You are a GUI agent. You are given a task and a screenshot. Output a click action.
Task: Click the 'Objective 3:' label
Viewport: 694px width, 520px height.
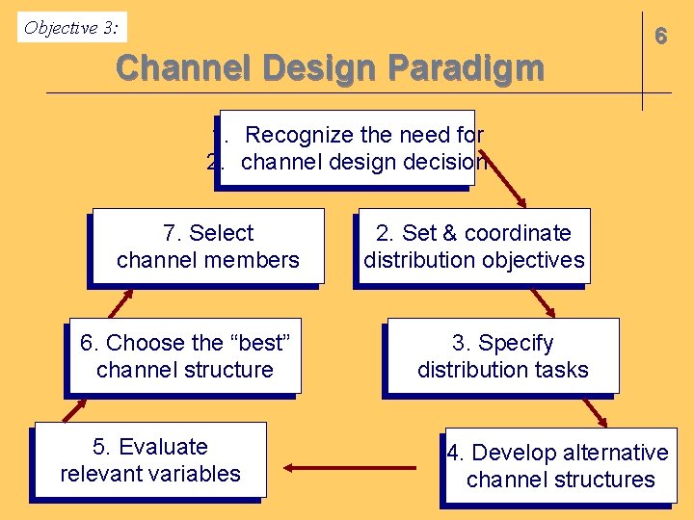[x=72, y=28]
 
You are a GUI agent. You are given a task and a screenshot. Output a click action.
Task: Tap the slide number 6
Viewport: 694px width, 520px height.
[x=660, y=37]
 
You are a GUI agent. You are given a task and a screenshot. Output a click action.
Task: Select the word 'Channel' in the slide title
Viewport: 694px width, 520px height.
[x=181, y=68]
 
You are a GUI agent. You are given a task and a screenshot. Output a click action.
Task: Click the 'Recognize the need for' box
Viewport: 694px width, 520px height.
[x=347, y=147]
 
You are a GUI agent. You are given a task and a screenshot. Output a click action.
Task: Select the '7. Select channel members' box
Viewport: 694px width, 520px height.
[x=208, y=247]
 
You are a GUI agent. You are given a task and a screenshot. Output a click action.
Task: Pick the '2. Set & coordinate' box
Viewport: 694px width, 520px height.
[x=473, y=247]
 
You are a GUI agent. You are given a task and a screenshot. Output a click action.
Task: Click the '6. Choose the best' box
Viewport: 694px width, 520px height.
[x=185, y=356]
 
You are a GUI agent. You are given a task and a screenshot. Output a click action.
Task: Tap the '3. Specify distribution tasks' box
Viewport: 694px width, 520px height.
[x=502, y=356]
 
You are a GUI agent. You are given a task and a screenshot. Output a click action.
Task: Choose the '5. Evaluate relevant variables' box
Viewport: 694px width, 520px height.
[x=150, y=460]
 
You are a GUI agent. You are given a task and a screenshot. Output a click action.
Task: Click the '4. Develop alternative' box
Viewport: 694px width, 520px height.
[x=560, y=466]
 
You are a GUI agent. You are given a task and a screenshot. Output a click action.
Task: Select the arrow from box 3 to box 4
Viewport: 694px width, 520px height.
[x=593, y=411]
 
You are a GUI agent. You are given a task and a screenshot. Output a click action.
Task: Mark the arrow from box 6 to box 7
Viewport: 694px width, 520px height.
[x=120, y=302]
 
